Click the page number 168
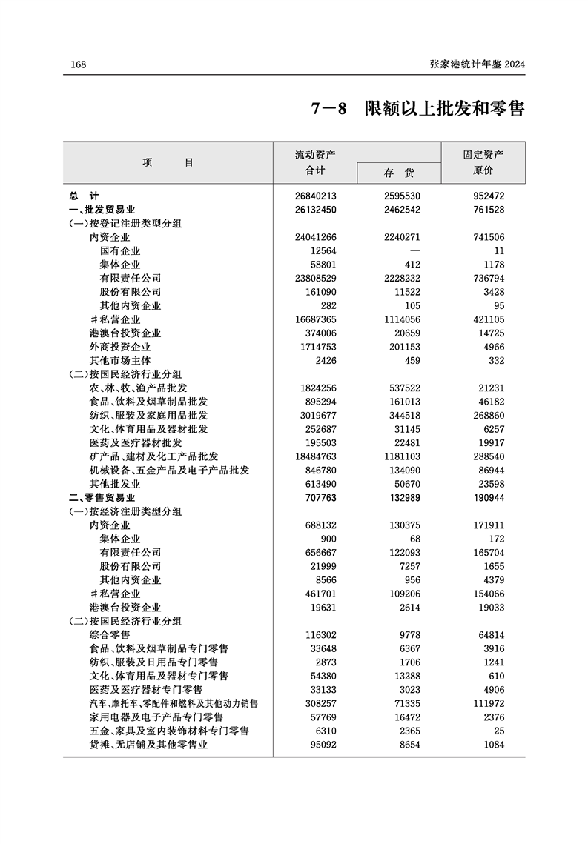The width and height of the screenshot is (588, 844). [x=79, y=65]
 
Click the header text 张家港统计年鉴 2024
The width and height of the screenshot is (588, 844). [x=478, y=65]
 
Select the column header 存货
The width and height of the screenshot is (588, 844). [x=399, y=173]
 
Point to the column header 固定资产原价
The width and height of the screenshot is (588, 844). [x=483, y=162]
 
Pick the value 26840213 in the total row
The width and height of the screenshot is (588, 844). [x=316, y=196]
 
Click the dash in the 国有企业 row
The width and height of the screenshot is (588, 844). [x=415, y=250]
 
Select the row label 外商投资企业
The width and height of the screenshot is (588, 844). [x=119, y=347]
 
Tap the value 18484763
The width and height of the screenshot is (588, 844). [x=316, y=456]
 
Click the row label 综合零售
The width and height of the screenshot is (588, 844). [x=109, y=635]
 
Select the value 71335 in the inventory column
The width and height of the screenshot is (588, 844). [x=406, y=703]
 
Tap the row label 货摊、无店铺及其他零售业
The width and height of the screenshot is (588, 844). [x=148, y=745]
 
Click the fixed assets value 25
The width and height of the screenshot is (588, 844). [x=498, y=731]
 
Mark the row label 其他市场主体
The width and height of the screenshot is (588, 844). [x=119, y=360]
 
